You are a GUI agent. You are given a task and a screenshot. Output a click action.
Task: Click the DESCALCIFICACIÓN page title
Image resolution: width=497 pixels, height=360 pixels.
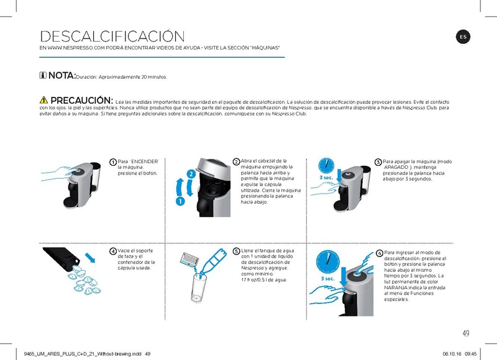pyautogui.click(x=112, y=37)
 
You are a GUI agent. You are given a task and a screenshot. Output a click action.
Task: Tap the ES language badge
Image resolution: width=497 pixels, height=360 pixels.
pyautogui.click(x=463, y=37)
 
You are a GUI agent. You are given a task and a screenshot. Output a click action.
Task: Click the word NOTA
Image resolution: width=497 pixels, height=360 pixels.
pyautogui.click(x=62, y=76)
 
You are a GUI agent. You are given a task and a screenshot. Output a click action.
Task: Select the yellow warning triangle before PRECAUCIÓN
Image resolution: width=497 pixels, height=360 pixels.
pyautogui.click(x=43, y=101)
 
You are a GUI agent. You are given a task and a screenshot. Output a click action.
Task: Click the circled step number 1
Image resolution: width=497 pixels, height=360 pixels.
pyautogui.click(x=112, y=163)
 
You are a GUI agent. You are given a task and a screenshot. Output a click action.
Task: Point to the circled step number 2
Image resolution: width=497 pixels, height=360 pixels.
pyautogui.click(x=236, y=162)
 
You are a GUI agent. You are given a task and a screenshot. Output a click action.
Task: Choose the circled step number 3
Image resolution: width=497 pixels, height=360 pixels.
pyautogui.click(x=378, y=162)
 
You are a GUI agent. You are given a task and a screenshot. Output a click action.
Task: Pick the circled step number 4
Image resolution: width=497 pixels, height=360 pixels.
pyautogui.click(x=112, y=251)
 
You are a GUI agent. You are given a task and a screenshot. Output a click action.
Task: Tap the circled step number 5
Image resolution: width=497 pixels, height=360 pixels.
pyautogui.click(x=236, y=251)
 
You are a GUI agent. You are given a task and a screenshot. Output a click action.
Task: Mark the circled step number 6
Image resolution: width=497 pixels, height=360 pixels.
pyautogui.click(x=380, y=253)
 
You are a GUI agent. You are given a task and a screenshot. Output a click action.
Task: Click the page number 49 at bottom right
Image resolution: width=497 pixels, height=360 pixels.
pyautogui.click(x=465, y=332)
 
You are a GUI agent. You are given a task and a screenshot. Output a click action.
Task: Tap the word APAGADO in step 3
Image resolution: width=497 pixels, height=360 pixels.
pyautogui.click(x=396, y=168)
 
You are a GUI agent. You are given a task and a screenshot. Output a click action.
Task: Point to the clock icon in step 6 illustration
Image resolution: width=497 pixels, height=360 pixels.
pyautogui.click(x=327, y=263)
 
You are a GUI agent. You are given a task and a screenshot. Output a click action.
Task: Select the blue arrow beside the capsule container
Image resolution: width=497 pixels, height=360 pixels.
pyautogui.click(x=91, y=257)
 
